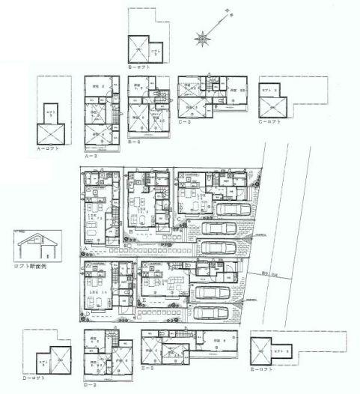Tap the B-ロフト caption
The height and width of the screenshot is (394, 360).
[139, 67]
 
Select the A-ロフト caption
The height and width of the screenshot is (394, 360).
[46, 148]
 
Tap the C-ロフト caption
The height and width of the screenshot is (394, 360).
[269, 120]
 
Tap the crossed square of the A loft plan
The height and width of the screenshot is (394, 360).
[49, 133]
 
